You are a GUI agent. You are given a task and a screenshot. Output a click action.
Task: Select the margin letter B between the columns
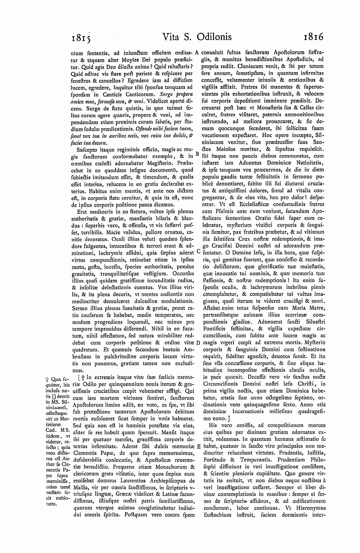pyautogui.click(x=197, y=154)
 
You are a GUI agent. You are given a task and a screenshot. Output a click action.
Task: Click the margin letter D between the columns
pyautogui.click(x=198, y=342)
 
